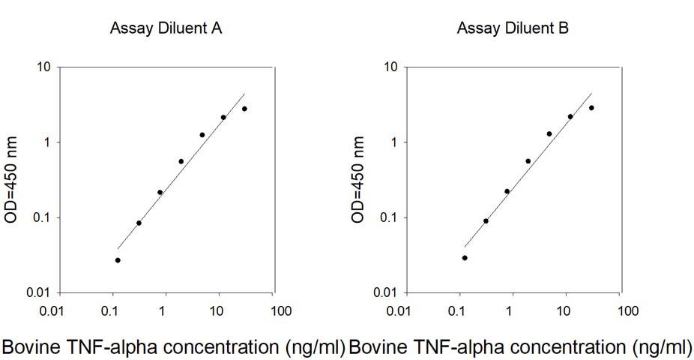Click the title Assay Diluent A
[x=166, y=29]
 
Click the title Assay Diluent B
[x=513, y=29]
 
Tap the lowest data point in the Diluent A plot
[x=118, y=260]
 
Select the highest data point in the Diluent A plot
[x=244, y=109]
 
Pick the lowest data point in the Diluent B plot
[x=465, y=258]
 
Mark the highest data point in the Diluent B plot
[x=591, y=108]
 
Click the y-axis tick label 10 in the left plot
[x=43, y=67]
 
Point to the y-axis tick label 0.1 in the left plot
[x=40, y=217]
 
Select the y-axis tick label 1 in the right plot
[x=393, y=142]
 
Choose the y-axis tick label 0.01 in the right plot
[x=384, y=292]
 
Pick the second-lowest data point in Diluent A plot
[x=139, y=223]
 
